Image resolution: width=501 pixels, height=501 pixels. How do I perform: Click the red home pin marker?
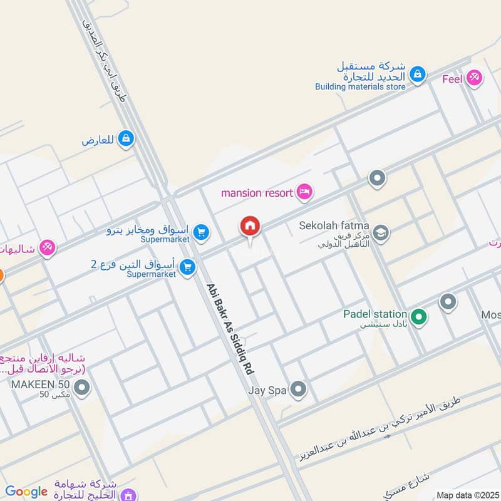pyautogui.click(x=250, y=227)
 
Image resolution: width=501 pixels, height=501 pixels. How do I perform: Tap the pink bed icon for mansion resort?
pyautogui.click(x=304, y=192)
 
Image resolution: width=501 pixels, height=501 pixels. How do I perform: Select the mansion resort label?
pyautogui.click(x=257, y=193)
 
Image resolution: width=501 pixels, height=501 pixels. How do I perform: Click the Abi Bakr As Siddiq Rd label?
pyautogui.click(x=230, y=329)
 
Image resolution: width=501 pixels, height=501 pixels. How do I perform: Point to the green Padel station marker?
pyautogui.click(x=418, y=318)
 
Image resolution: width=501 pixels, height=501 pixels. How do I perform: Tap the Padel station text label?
pyautogui.click(x=374, y=314)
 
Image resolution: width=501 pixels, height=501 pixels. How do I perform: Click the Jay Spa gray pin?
pyautogui.click(x=299, y=391)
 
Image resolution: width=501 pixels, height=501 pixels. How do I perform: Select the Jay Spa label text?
pyautogui.click(x=267, y=391)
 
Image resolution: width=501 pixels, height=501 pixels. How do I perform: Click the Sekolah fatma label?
pyautogui.click(x=334, y=226)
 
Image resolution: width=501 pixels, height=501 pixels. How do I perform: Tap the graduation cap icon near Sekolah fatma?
pyautogui.click(x=380, y=234)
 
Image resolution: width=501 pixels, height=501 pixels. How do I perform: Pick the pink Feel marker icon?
pyautogui.click(x=474, y=78)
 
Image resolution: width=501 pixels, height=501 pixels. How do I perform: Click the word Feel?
pyautogui.click(x=452, y=79)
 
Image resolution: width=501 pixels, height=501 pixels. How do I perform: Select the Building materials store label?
pyautogui.click(x=360, y=87)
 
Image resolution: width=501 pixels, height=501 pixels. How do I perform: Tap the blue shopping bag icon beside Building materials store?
pyautogui.click(x=417, y=75)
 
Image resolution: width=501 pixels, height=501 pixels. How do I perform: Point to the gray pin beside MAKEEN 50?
pyautogui.click(x=81, y=390)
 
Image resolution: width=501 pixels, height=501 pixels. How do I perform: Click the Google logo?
pyautogui.click(x=26, y=492)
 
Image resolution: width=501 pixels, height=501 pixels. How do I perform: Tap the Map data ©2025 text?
pyautogui.click(x=468, y=495)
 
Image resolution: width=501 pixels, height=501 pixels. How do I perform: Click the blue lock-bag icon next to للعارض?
pyautogui.click(x=126, y=138)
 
